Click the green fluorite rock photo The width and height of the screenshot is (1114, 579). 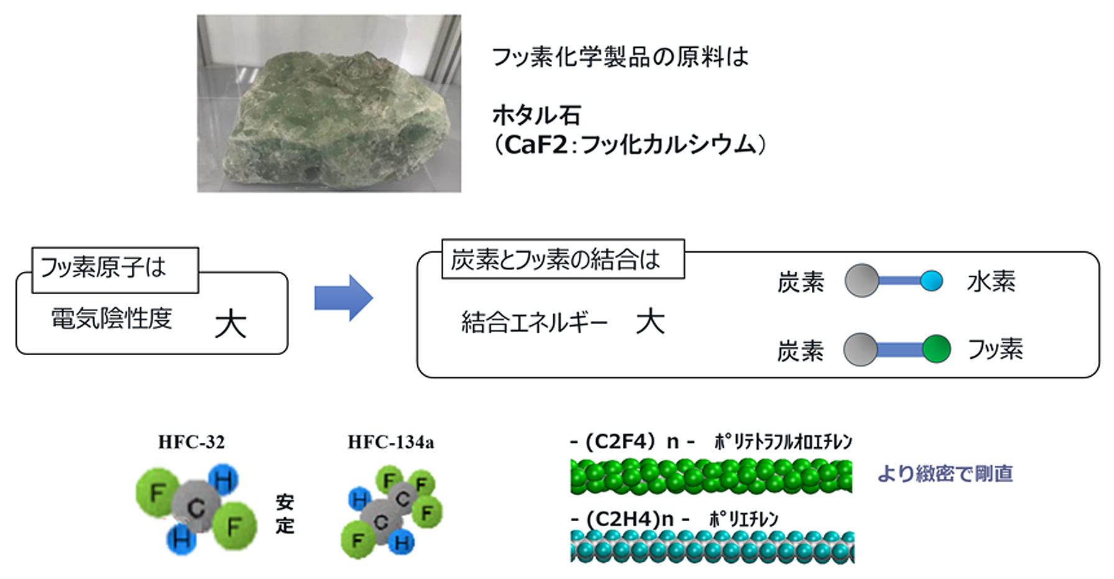pyautogui.click(x=329, y=103)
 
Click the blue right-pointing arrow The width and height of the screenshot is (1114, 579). pyautogui.click(x=343, y=298)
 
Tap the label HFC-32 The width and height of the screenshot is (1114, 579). pyautogui.click(x=191, y=442)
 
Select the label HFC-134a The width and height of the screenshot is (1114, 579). pyautogui.click(x=390, y=442)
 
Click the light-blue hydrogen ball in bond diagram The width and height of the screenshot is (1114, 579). pyautogui.click(x=931, y=281)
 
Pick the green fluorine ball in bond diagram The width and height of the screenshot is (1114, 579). pyautogui.click(x=936, y=349)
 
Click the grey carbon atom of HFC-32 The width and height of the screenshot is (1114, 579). pyautogui.click(x=196, y=507)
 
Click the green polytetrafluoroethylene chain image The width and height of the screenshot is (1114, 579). pyautogui.click(x=711, y=477)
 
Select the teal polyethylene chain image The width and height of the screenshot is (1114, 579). pyautogui.click(x=712, y=547)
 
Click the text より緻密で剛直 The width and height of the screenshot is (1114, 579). pyautogui.click(x=945, y=474)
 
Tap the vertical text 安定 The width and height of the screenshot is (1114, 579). pyautogui.click(x=285, y=514)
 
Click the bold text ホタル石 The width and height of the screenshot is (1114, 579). pyautogui.click(x=536, y=115)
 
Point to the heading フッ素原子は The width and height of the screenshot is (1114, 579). pyautogui.click(x=103, y=268)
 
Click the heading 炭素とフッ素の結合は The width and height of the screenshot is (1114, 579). pyautogui.click(x=555, y=260)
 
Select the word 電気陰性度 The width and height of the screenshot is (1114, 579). pyautogui.click(x=111, y=319)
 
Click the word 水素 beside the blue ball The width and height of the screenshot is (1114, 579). pyautogui.click(x=991, y=282)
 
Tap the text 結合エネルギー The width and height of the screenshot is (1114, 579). pyautogui.click(x=534, y=323)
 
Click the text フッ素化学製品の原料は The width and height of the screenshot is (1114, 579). pyautogui.click(x=620, y=57)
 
